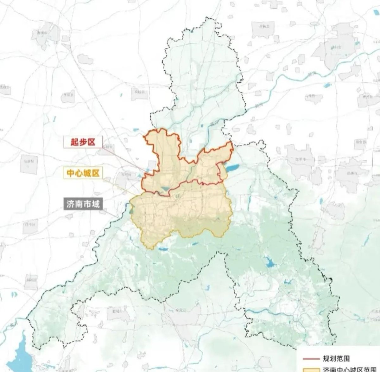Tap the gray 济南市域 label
point(83,204)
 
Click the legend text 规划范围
point(336,359)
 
